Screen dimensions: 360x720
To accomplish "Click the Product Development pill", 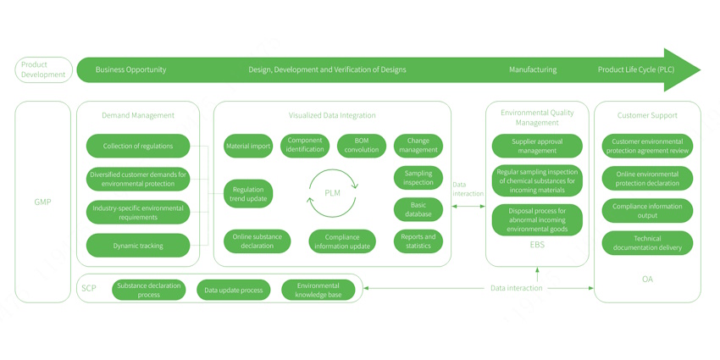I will pyautogui.click(x=43, y=69).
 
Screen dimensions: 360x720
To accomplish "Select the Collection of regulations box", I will pyautogui.click(x=138, y=146).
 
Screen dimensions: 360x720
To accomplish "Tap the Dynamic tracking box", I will pyautogui.click(x=138, y=246).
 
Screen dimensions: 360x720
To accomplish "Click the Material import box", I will pyautogui.click(x=248, y=146).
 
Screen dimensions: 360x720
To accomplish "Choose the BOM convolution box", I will pyautogui.click(x=361, y=146).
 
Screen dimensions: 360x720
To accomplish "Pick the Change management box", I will pyautogui.click(x=418, y=146).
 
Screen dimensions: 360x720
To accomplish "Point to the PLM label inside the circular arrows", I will pyautogui.click(x=333, y=193).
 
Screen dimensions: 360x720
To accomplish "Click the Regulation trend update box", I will pyautogui.click(x=248, y=194).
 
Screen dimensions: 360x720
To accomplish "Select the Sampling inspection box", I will pyautogui.click(x=418, y=178).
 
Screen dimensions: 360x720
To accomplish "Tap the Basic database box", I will pyautogui.click(x=418, y=209).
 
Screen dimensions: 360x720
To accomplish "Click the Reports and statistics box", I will pyautogui.click(x=418, y=241).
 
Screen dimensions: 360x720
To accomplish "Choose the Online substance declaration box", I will pyautogui.click(x=257, y=241).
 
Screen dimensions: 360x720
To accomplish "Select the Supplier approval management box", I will pyautogui.click(x=537, y=146).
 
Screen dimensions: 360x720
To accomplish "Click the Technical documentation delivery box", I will pyautogui.click(x=647, y=243).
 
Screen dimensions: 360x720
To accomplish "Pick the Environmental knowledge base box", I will pyautogui.click(x=318, y=290).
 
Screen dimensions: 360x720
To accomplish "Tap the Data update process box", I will pyautogui.click(x=233, y=290).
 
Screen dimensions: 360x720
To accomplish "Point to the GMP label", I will pyautogui.click(x=42, y=202).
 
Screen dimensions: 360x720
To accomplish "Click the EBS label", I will pyautogui.click(x=537, y=245).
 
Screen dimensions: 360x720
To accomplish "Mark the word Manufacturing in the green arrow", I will pyautogui.click(x=533, y=69).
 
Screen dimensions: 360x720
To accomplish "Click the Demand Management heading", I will pyautogui.click(x=138, y=115).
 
